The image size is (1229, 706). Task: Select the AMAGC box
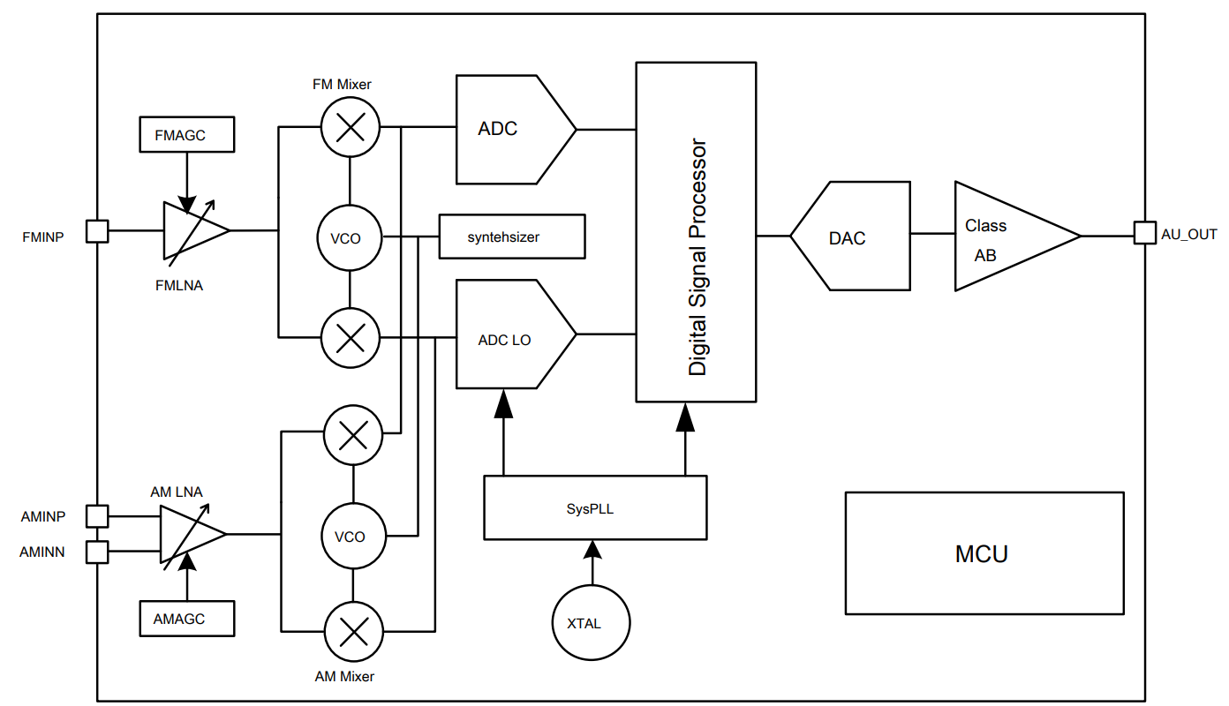[x=187, y=619]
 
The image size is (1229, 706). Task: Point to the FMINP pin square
[x=97, y=231]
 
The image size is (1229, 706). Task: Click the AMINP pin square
[x=97, y=515]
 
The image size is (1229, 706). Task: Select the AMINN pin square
[x=97, y=552]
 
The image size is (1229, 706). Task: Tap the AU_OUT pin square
[x=1144, y=233]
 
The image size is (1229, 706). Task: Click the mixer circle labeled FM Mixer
[x=351, y=128]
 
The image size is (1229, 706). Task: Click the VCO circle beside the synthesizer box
[x=351, y=238]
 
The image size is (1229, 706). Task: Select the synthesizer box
[x=512, y=237]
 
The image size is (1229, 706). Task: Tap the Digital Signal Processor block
[x=696, y=231]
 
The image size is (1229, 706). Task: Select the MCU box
[x=984, y=553]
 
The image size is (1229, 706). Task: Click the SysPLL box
[x=595, y=507]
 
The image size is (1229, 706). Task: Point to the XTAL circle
[x=592, y=623]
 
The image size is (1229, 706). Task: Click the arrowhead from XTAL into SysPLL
[x=592, y=550]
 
